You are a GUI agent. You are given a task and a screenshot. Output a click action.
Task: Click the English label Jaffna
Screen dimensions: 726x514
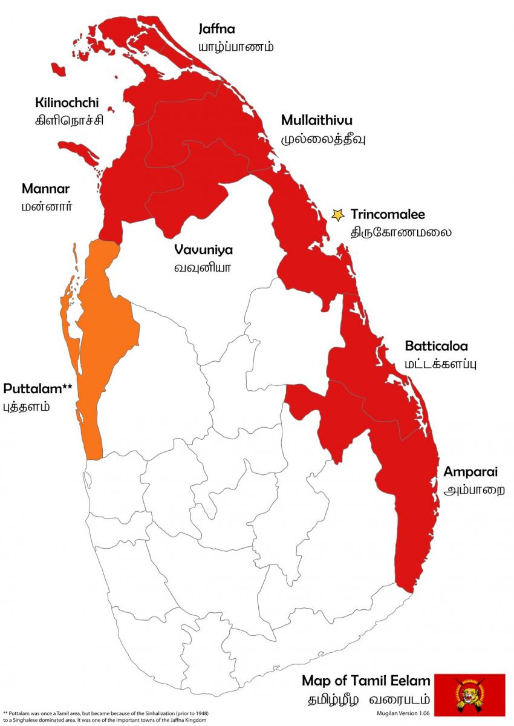click(217, 29)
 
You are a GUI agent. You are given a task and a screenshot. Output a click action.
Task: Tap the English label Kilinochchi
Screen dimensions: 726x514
click(67, 103)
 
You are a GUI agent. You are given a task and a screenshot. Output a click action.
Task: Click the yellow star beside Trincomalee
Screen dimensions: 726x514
click(338, 214)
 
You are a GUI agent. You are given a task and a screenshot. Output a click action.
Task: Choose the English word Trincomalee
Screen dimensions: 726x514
click(388, 214)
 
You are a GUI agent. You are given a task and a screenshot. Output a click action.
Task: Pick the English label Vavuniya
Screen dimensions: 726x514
click(203, 249)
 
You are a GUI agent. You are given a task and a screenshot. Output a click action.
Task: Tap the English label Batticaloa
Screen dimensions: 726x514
click(436, 347)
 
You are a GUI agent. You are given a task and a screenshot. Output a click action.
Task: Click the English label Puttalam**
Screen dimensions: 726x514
click(37, 388)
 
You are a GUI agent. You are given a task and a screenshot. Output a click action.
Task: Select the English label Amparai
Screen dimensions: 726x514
click(470, 472)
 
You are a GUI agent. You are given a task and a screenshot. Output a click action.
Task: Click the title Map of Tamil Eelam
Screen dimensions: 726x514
click(366, 680)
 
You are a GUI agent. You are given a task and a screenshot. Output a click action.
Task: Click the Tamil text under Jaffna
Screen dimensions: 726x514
click(236, 47)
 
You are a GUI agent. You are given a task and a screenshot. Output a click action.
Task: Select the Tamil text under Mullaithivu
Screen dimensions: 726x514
click(324, 139)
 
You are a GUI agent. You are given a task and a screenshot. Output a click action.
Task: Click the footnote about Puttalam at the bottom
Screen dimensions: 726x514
click(106, 716)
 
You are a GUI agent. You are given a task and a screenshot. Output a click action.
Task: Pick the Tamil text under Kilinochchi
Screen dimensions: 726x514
click(69, 120)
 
